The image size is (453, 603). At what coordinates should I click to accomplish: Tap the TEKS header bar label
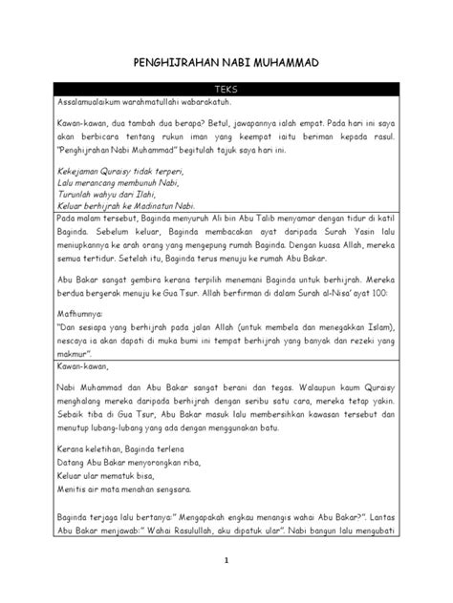tap(226, 89)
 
